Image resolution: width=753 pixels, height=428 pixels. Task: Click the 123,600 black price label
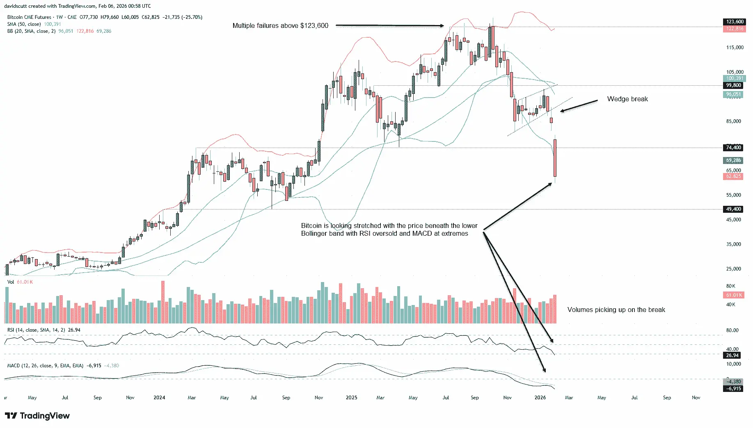point(735,22)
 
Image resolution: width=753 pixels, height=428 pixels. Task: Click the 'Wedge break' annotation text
point(627,99)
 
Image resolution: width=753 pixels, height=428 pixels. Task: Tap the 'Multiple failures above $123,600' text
point(280,26)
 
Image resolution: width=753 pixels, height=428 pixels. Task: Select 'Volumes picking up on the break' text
point(616,310)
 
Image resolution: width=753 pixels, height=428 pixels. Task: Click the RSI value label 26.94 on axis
point(732,355)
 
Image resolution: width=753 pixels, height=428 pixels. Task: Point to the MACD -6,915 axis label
point(733,388)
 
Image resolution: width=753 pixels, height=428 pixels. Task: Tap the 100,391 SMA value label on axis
point(735,78)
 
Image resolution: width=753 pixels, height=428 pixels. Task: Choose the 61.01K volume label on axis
point(734,295)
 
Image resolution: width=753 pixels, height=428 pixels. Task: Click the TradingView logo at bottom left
point(37,416)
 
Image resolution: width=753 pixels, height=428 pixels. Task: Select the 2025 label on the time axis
point(351,398)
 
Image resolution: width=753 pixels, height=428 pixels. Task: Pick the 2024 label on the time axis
point(159,398)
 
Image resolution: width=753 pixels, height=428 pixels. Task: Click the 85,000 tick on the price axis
point(735,121)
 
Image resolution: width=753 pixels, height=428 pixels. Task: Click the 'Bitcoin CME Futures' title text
point(29,17)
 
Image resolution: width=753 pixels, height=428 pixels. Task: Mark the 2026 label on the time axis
point(540,398)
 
